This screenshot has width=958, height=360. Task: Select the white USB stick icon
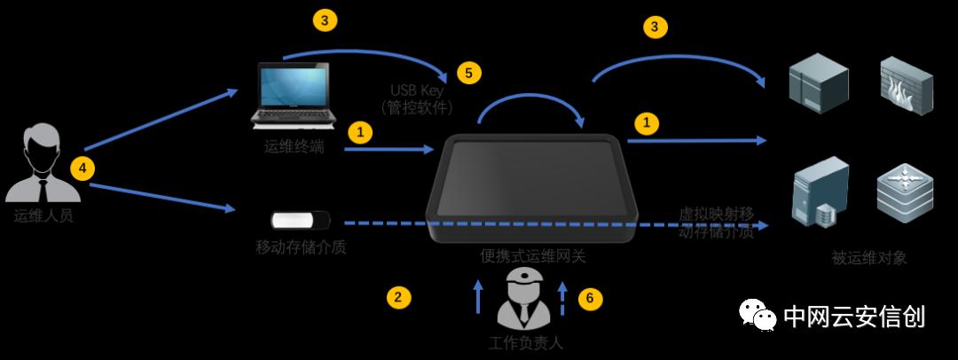pyautogui.click(x=300, y=220)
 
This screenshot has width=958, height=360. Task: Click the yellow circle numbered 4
pyautogui.click(x=82, y=168)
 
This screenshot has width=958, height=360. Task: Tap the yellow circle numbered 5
pyautogui.click(x=468, y=73)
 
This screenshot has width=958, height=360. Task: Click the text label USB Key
pyautogui.click(x=417, y=90)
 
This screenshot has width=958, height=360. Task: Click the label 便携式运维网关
pyautogui.click(x=533, y=256)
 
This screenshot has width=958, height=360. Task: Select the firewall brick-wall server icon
pyautogui.click(x=903, y=84)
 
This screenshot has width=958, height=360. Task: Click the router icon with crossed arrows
pyautogui.click(x=904, y=190)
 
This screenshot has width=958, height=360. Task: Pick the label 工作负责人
pyautogui.click(x=526, y=342)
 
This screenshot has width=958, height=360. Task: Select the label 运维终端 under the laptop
pyautogui.click(x=294, y=147)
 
